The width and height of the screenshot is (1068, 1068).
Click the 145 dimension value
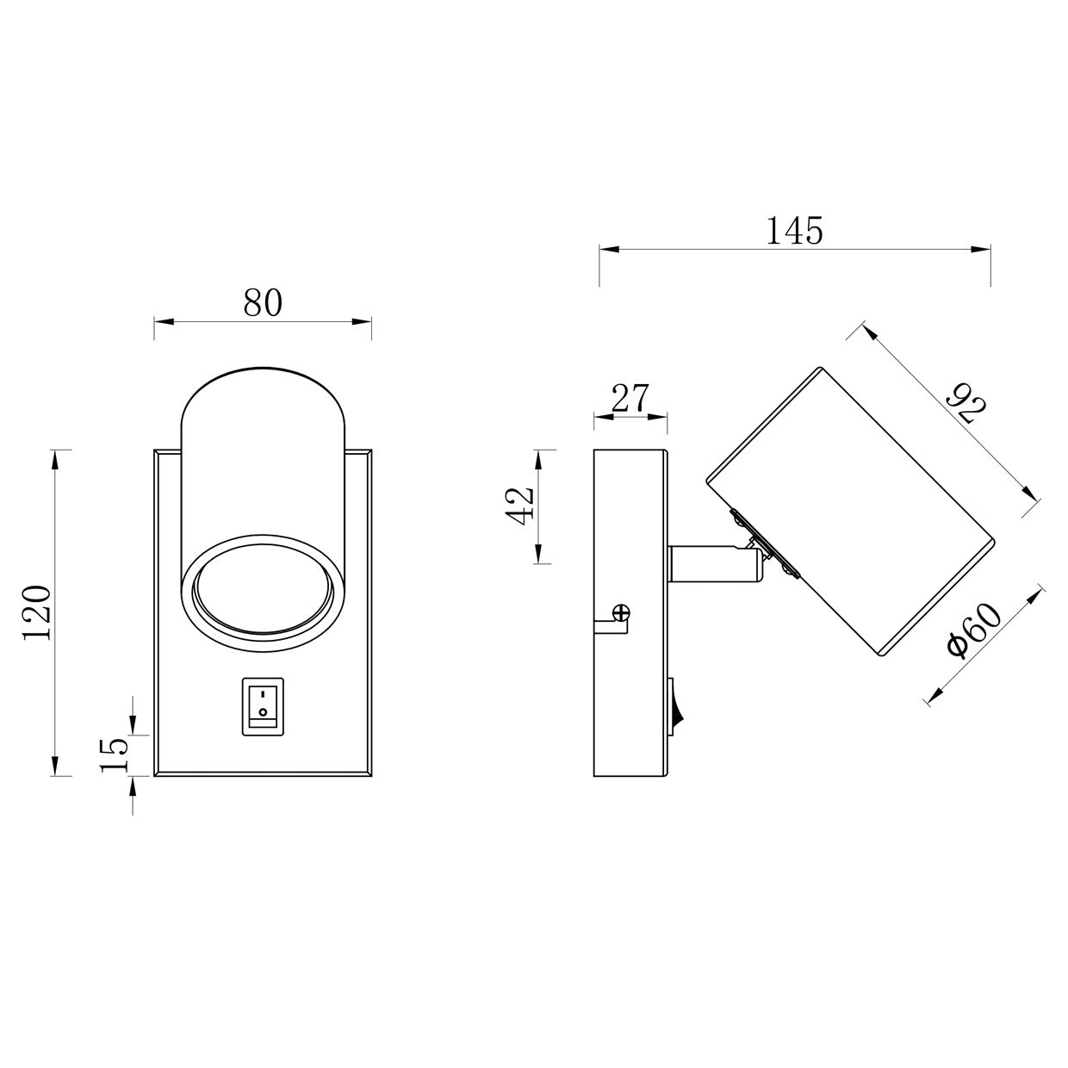pos(794,230)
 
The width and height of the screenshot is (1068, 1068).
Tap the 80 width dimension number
pos(263,302)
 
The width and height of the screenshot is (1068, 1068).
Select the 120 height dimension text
pos(39,612)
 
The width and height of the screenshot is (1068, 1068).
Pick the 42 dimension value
pos(521,506)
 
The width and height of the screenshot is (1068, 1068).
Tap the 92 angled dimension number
pos(965,407)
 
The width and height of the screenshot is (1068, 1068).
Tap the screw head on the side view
pos(621,613)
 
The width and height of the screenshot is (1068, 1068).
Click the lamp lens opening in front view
pos(264,593)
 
